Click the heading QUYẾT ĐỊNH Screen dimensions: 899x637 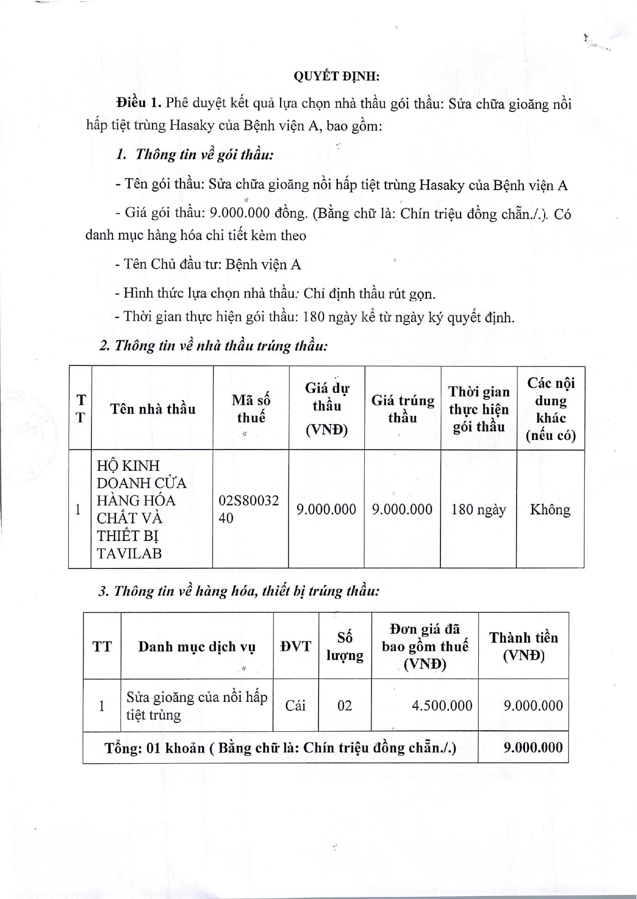(336, 76)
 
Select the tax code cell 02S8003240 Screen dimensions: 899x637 (249, 509)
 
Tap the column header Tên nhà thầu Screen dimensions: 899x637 (153, 409)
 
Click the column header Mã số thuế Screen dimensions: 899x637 (251, 408)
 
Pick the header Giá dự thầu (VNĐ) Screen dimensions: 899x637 (327, 408)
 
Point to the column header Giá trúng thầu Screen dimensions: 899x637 (403, 408)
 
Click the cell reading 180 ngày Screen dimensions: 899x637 (478, 510)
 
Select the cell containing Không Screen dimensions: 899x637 (550, 510)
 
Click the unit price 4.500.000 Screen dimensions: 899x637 (441, 705)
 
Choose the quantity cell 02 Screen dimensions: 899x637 (344, 705)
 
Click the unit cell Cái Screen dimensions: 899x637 (295, 705)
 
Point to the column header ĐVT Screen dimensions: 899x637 (295, 646)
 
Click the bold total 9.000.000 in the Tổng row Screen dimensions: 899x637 (533, 747)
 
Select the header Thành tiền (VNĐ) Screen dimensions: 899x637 (523, 646)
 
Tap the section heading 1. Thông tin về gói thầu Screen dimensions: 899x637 (195, 154)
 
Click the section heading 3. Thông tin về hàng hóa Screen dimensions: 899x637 (239, 591)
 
